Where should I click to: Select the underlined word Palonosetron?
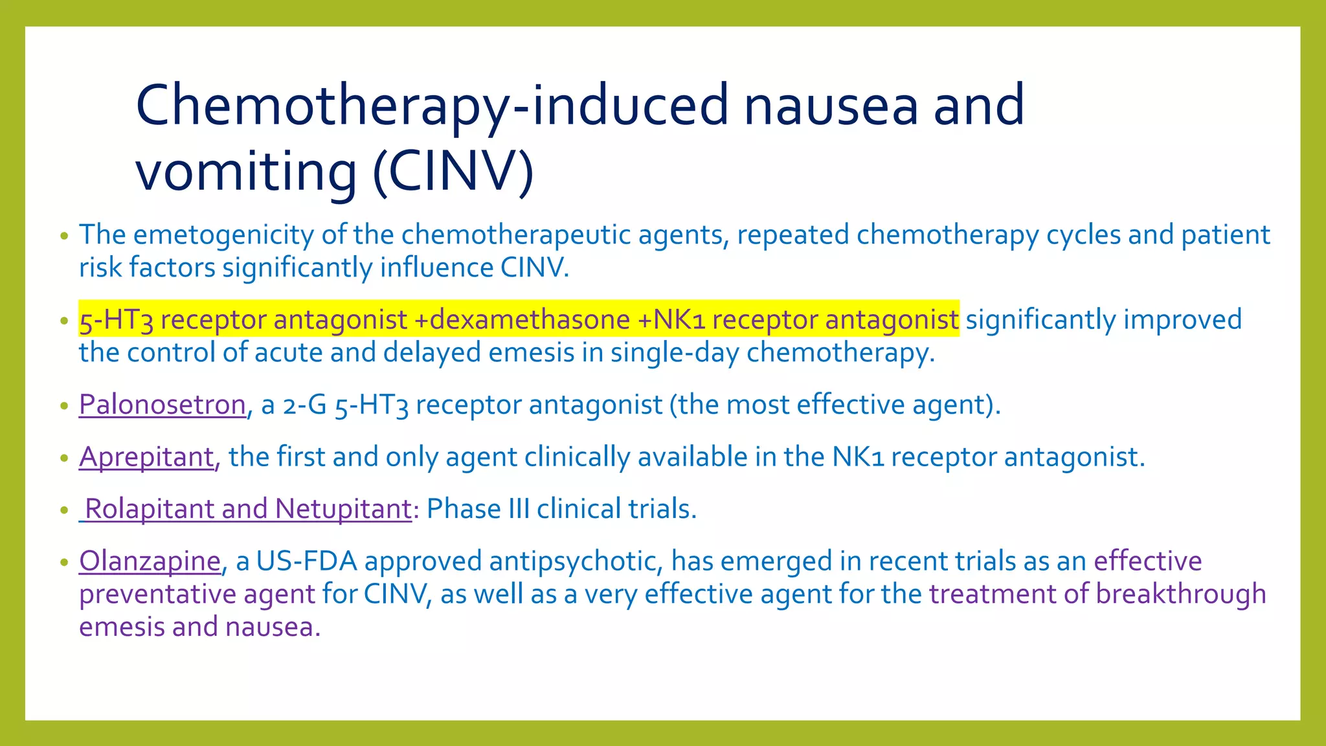[x=162, y=405]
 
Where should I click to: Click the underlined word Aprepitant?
[x=146, y=457]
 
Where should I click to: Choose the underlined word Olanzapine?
[x=150, y=561]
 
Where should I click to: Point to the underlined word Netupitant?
[x=343, y=509]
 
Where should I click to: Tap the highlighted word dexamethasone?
[x=530, y=320]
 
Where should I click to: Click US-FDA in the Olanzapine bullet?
[x=306, y=561]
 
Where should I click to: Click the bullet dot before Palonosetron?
[x=63, y=406]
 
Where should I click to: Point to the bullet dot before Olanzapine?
[x=63, y=562]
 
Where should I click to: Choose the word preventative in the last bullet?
[x=157, y=594]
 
